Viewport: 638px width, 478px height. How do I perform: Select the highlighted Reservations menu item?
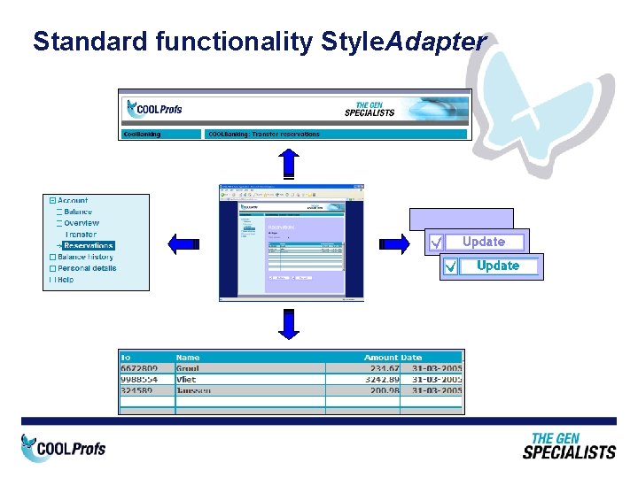click(89, 245)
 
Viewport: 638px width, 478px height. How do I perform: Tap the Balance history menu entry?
click(86, 257)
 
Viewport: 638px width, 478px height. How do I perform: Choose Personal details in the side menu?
click(87, 268)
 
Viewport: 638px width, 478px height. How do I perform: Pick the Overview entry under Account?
click(82, 223)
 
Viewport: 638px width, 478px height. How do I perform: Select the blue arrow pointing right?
click(394, 243)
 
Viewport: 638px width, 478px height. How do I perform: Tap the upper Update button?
click(484, 242)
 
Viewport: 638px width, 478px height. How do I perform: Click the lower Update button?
click(498, 266)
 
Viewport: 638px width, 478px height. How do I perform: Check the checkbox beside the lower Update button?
click(451, 266)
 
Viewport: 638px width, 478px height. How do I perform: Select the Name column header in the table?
click(188, 358)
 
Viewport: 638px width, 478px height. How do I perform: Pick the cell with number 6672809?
click(140, 368)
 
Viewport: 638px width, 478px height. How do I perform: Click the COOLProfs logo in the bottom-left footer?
click(64, 448)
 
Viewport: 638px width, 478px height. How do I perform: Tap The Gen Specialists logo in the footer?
click(568, 445)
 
